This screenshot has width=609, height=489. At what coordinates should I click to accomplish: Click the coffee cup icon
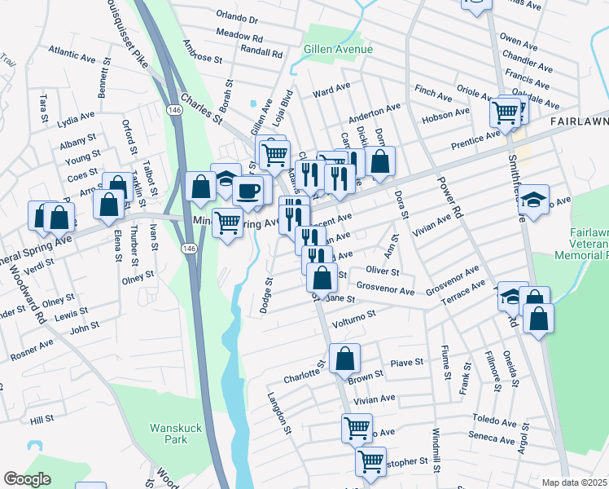[248, 191]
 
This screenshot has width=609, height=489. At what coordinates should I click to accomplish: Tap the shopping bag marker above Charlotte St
[345, 358]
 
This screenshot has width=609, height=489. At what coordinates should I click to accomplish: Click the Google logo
[27, 479]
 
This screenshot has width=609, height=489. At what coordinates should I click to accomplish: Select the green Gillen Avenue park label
[338, 50]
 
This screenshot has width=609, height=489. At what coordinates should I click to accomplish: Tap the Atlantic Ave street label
[72, 56]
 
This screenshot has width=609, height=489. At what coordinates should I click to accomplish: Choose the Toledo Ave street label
[494, 423]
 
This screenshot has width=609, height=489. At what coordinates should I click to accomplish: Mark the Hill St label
[42, 419]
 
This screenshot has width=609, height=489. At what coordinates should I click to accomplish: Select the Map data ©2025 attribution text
[575, 482]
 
